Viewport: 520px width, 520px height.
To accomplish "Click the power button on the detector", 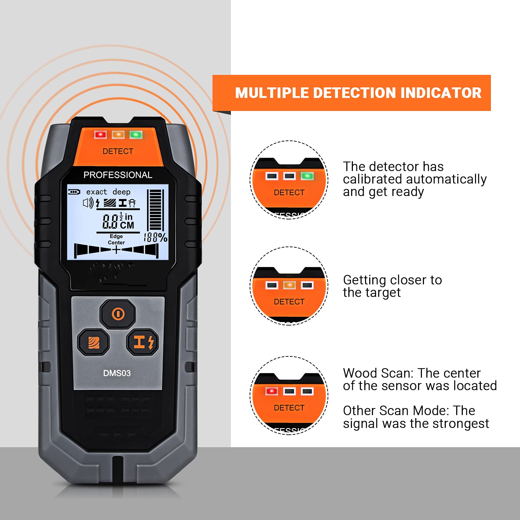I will point(118,314).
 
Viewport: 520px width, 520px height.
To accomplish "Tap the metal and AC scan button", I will point(142,342).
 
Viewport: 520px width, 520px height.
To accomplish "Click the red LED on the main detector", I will point(101,135).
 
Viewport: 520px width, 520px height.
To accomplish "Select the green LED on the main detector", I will point(136,135).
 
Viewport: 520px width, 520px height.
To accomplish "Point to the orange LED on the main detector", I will point(118,135).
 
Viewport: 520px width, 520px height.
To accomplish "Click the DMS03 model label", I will point(117,373).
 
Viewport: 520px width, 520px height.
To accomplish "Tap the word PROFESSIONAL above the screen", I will point(118,175).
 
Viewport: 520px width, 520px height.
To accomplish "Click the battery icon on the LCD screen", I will point(74,192).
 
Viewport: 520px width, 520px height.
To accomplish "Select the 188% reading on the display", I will point(155,237).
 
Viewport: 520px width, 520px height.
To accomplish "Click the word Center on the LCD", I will point(116,243).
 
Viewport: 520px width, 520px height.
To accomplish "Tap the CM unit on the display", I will point(127,225).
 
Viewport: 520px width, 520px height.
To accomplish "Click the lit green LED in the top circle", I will point(307,176).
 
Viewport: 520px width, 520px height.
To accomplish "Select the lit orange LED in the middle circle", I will point(289,285).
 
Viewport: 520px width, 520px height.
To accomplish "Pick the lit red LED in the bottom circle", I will point(271,391).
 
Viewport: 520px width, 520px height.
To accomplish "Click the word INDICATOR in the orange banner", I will point(441,93).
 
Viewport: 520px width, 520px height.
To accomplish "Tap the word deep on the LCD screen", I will point(121,192).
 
